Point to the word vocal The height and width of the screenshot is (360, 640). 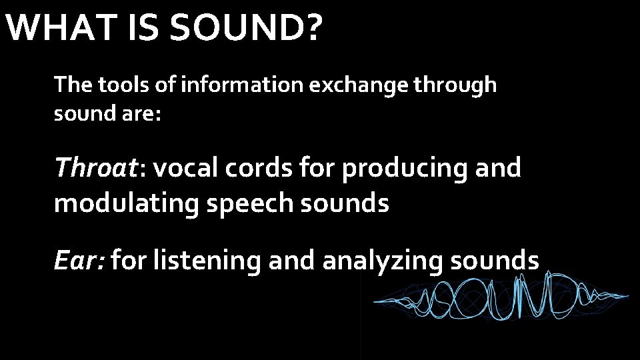click(x=187, y=168)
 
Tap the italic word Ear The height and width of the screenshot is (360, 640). click(x=78, y=261)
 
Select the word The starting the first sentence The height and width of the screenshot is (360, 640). click(x=73, y=85)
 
